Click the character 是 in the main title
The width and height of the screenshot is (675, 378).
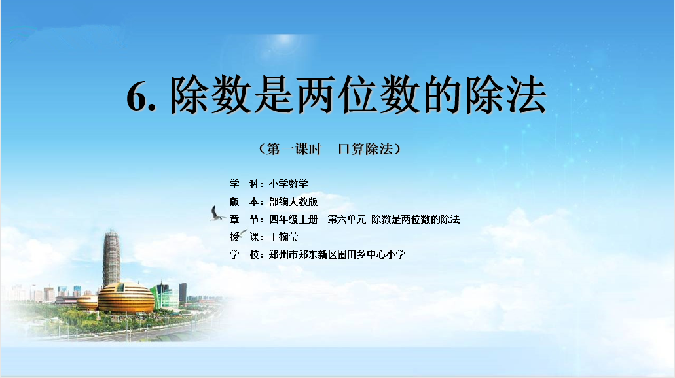tap(274, 95)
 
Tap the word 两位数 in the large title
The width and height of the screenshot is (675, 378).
tap(358, 95)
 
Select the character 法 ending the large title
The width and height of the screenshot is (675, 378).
tap(526, 95)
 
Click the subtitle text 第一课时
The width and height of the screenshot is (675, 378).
tap(294, 149)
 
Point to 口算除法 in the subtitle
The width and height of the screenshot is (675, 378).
tap(365, 149)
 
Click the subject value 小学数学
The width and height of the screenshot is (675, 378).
tap(289, 184)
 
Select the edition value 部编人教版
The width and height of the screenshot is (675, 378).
tap(293, 201)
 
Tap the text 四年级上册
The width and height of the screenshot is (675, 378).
tap(293, 219)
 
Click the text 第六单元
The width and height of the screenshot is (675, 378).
tap(347, 219)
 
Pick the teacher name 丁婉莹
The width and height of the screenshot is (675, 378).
tap(283, 237)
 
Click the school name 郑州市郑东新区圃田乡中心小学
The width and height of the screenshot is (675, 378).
tap(337, 254)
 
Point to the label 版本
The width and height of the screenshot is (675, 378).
tap(244, 201)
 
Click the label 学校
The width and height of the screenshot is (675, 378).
tap(244, 254)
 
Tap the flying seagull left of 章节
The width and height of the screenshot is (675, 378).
tap(217, 214)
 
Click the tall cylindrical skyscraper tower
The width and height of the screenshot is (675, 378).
tap(111, 258)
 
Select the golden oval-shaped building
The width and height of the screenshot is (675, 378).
tap(126, 298)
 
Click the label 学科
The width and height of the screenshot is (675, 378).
tap(244, 184)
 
